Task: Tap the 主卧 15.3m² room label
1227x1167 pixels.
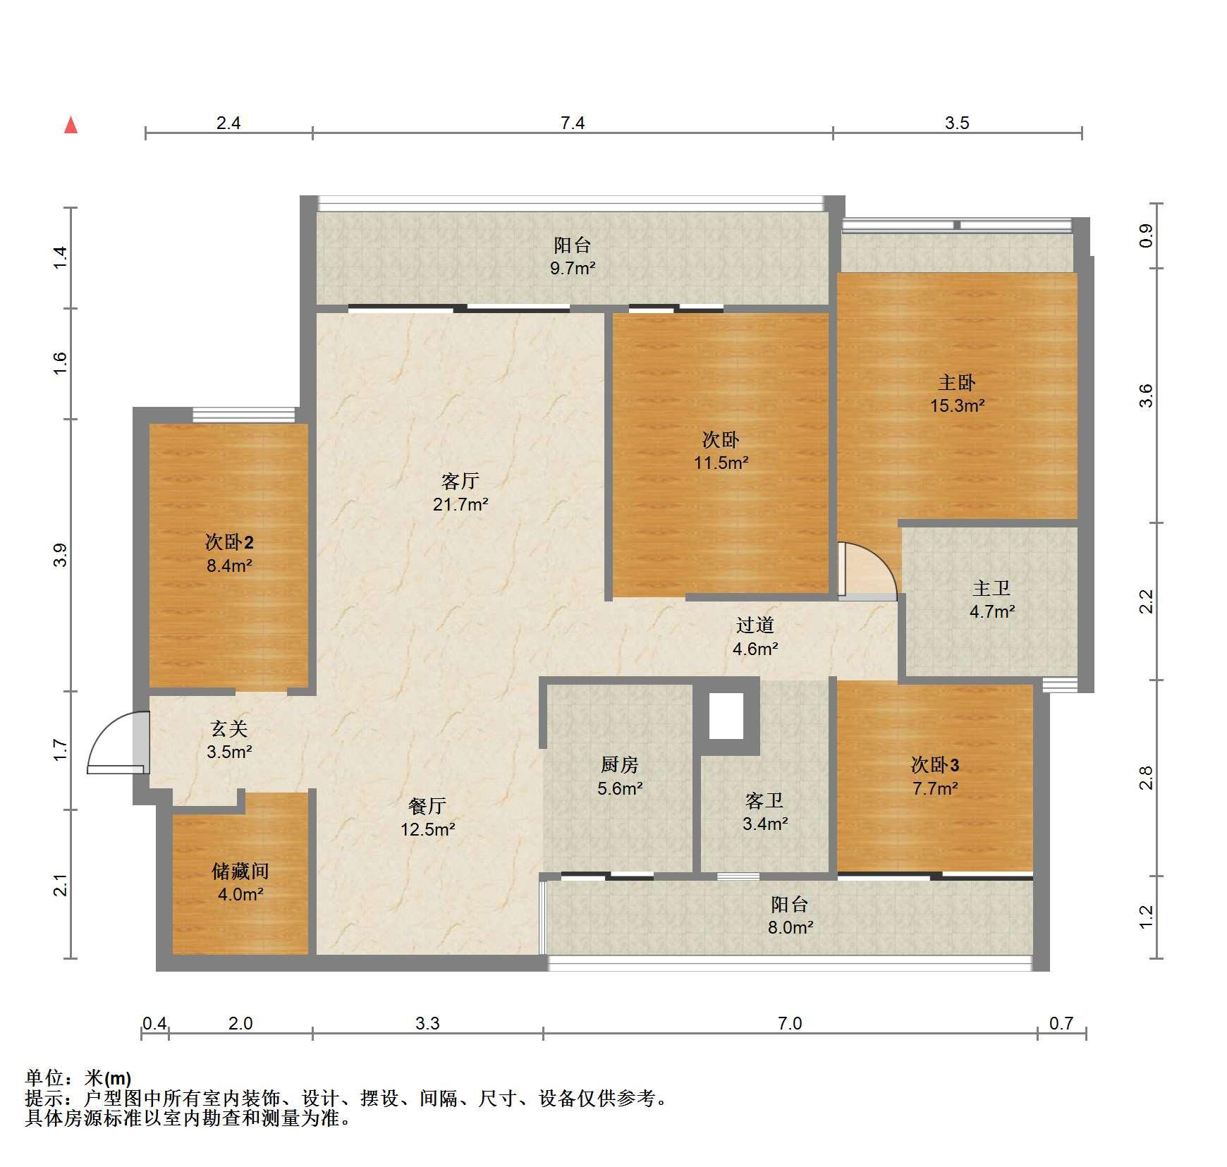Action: [x=957, y=394]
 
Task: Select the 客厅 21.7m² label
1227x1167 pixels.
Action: [x=460, y=493]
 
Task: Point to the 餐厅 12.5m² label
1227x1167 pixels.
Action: [x=427, y=817]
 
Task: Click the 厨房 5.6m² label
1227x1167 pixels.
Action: [x=620, y=776]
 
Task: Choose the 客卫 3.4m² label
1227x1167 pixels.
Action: [x=765, y=812]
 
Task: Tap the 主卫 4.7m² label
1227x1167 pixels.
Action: [x=991, y=599]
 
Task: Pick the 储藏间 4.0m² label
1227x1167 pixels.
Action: [x=240, y=883]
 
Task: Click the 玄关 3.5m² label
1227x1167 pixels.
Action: [x=229, y=740]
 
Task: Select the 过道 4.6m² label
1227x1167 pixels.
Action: [x=755, y=637]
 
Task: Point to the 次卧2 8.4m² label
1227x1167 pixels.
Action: [x=229, y=554]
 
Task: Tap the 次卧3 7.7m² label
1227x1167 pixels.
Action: [x=935, y=776]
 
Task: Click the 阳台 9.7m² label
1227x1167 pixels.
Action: [x=573, y=256]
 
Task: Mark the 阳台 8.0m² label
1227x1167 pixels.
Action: [x=790, y=915]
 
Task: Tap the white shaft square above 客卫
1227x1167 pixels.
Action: [x=726, y=716]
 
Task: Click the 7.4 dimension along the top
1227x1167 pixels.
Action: [x=573, y=123]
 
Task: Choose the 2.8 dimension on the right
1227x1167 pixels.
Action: [x=1146, y=778]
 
